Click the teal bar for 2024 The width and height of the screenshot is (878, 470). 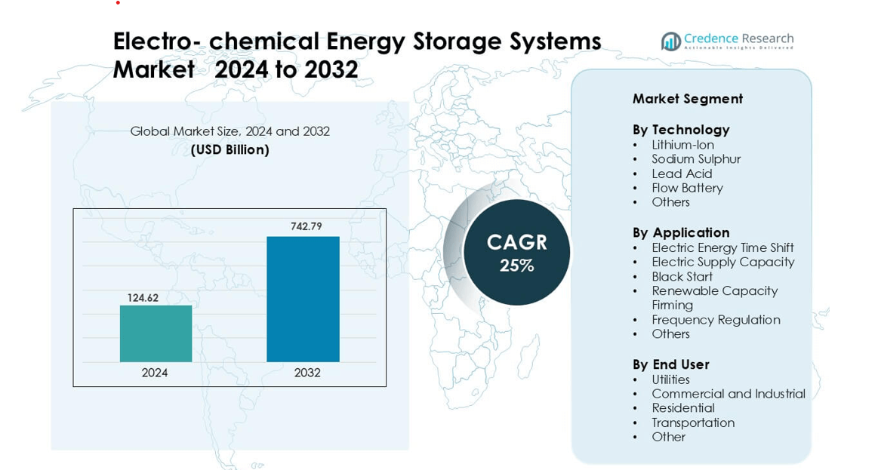(x=156, y=333)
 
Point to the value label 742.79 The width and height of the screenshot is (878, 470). (x=307, y=226)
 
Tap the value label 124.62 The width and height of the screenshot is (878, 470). (x=143, y=298)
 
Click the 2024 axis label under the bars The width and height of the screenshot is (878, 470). (x=155, y=373)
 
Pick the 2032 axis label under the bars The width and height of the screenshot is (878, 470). (x=307, y=373)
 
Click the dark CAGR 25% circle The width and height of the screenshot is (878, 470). (x=516, y=253)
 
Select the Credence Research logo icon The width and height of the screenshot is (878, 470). (x=670, y=41)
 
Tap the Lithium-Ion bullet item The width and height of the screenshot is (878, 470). (x=682, y=145)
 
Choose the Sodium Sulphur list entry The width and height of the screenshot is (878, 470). (x=696, y=159)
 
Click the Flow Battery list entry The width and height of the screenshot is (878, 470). (x=687, y=188)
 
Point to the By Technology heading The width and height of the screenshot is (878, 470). (x=681, y=130)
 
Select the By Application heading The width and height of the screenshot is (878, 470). (x=681, y=232)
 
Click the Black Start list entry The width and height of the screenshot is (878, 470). (x=682, y=276)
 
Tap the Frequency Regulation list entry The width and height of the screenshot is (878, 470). (x=716, y=320)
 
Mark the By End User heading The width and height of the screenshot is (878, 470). (x=670, y=364)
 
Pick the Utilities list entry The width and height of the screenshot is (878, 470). (x=670, y=379)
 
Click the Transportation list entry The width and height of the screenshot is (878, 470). (x=693, y=422)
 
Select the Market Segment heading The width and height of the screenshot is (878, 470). (x=688, y=99)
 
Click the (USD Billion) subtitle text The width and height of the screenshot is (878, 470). (x=230, y=149)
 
